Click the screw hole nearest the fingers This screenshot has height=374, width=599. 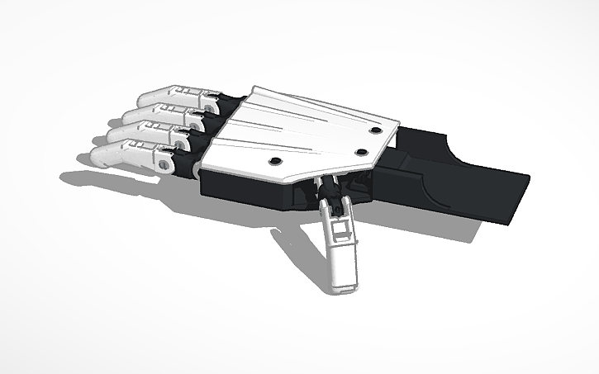tap(276, 160)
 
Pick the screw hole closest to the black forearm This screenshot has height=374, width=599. tap(376, 130)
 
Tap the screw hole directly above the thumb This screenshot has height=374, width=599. tap(360, 152)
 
